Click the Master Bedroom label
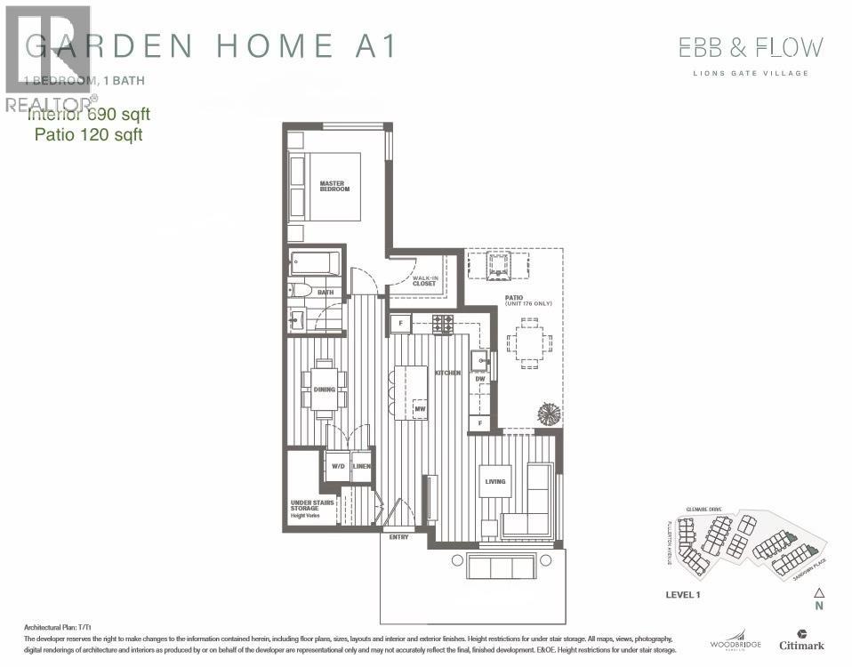(x=334, y=187)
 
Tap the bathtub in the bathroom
(x=316, y=264)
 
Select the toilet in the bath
(x=300, y=290)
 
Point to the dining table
(x=324, y=390)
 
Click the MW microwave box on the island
(x=420, y=408)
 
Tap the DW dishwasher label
(x=480, y=380)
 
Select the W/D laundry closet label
(x=338, y=466)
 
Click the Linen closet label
(x=361, y=466)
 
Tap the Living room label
(x=495, y=482)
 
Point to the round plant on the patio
(x=549, y=414)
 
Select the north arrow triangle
(x=820, y=592)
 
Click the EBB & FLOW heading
(x=751, y=47)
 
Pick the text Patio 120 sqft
(x=88, y=135)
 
